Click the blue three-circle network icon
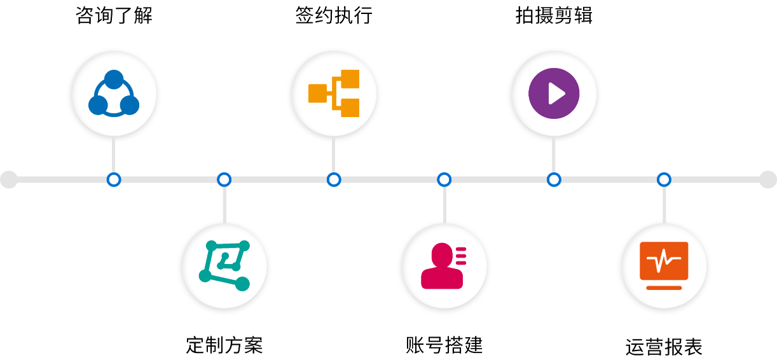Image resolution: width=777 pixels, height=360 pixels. coord(114,93)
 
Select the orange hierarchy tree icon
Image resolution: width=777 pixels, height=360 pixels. coord(334,93)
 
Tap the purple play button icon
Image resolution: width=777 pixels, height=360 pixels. coord(554,93)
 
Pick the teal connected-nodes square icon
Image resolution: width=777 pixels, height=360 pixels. coord(224,266)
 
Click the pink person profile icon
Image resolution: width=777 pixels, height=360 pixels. coord(444,266)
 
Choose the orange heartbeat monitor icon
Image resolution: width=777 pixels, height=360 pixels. coord(664,266)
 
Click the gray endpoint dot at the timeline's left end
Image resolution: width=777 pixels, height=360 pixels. coord(9,180)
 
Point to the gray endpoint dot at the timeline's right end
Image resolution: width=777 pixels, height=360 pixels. coord(768,180)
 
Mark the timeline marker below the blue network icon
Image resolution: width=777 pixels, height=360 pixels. coord(114,180)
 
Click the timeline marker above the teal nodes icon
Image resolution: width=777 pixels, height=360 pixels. coord(224,180)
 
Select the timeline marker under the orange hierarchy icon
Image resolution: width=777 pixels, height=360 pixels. coord(334,180)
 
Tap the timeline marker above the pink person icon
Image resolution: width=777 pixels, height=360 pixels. coord(444,180)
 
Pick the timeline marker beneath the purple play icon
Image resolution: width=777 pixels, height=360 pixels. coord(554,180)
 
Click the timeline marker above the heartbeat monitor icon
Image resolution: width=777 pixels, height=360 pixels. coord(664,180)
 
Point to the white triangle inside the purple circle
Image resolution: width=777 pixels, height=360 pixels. coord(556,94)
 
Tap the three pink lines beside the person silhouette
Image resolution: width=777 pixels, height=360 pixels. coord(461,255)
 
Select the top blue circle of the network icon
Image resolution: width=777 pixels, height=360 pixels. coord(114,80)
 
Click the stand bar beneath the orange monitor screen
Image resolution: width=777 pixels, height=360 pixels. coord(664,287)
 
